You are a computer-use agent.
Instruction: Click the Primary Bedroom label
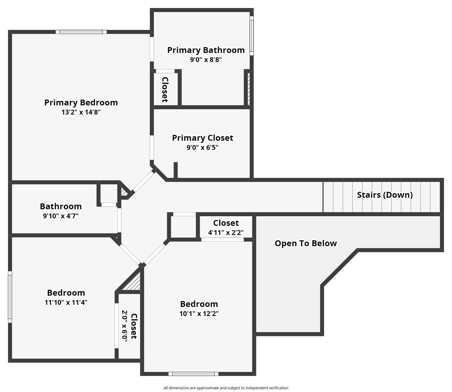(x=81, y=102)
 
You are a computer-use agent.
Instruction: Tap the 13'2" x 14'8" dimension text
(x=81, y=112)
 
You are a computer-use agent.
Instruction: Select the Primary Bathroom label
(x=206, y=50)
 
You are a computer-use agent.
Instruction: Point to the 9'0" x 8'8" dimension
(x=206, y=60)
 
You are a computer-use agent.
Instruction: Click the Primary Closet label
(x=202, y=138)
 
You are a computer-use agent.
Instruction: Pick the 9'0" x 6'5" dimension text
(x=202, y=147)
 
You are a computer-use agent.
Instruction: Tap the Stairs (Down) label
(x=385, y=195)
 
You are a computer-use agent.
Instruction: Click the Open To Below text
(x=306, y=243)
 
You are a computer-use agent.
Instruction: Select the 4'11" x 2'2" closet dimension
(x=226, y=233)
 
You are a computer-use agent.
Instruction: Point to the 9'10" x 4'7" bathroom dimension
(x=61, y=216)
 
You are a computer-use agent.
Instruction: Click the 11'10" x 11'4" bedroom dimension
(x=66, y=302)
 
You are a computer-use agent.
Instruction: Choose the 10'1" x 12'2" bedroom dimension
(x=199, y=314)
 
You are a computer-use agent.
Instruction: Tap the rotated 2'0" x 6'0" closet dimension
(x=125, y=325)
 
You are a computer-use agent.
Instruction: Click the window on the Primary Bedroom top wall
(x=81, y=32)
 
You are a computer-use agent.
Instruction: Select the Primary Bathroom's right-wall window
(x=252, y=36)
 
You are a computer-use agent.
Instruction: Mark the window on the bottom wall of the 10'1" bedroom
(x=193, y=374)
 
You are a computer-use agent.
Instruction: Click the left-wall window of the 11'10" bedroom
(x=10, y=297)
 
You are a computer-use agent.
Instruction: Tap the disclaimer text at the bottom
(x=226, y=388)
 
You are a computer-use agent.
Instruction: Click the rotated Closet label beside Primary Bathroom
(x=165, y=90)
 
